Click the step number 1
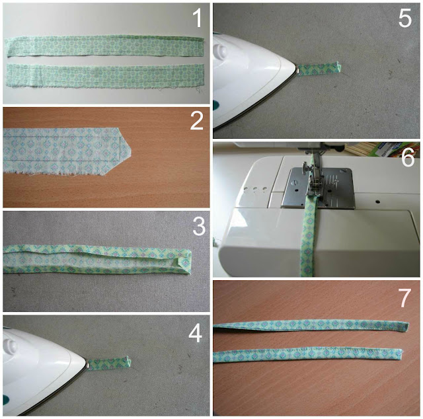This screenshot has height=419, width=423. (x=198, y=19)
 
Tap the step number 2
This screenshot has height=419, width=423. (x=197, y=120)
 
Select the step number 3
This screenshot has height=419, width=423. (x=199, y=226)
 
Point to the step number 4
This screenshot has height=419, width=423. (x=196, y=333)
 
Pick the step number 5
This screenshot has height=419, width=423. (x=405, y=18)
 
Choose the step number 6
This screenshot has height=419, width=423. (x=408, y=158)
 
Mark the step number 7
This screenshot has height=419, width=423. (x=404, y=298)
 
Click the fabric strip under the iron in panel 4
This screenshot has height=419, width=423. (x=109, y=363)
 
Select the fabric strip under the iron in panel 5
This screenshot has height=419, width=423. (x=319, y=68)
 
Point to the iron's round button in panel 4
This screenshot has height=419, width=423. (x=11, y=346)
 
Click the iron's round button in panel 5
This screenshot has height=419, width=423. (x=220, y=51)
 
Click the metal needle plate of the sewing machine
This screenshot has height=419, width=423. (x=319, y=188)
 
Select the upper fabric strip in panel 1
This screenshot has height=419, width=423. (x=104, y=46)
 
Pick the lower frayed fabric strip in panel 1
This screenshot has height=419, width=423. (x=104, y=77)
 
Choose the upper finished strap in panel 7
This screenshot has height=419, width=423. (x=311, y=325)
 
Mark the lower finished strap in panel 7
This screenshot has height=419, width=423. (x=307, y=356)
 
